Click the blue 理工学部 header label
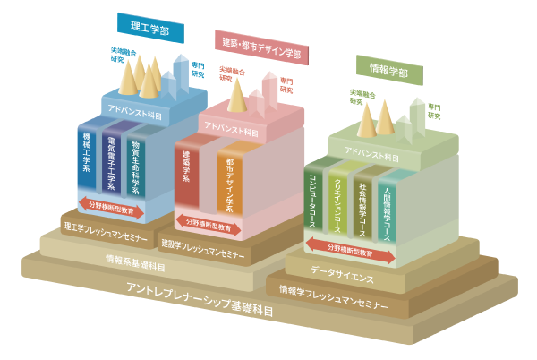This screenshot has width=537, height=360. tap(150, 28)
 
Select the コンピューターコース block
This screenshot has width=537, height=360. tap(315, 201)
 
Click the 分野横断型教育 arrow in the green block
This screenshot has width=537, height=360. tap(351, 252)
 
